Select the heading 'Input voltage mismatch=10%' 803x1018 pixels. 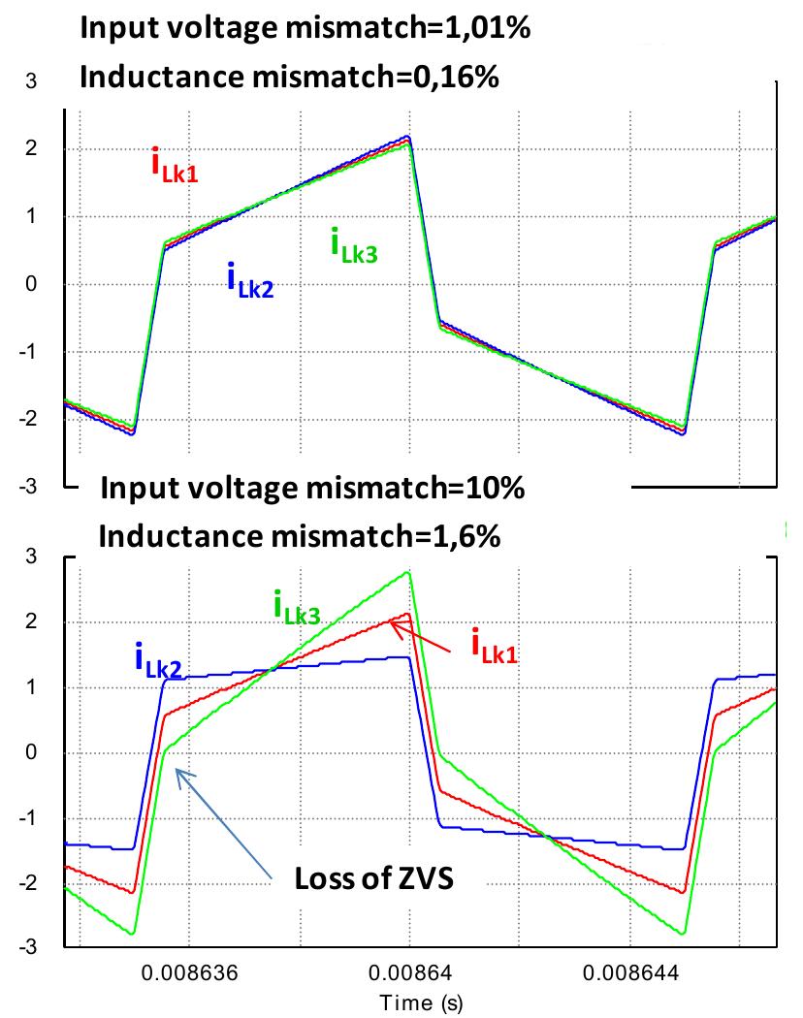(x=312, y=489)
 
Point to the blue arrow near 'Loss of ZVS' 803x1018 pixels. (x=224, y=824)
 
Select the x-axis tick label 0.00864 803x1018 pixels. (x=408, y=972)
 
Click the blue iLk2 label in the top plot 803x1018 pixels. (x=250, y=281)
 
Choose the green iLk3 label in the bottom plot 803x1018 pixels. (x=297, y=608)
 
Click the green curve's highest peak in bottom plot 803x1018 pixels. (x=409, y=572)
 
